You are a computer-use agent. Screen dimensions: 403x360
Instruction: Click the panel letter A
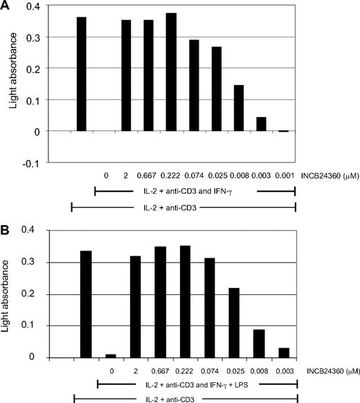tap(8, 7)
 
